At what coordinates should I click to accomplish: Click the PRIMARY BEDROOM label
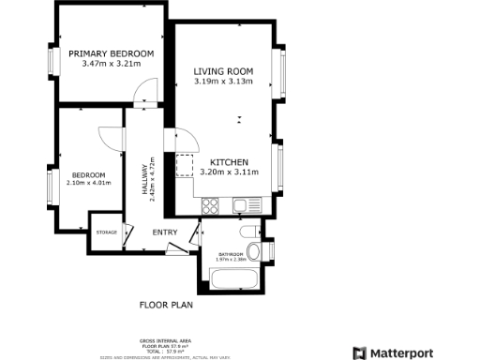coord(112,53)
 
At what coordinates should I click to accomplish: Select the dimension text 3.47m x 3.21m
coord(112,64)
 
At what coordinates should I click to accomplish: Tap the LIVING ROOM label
coord(224,71)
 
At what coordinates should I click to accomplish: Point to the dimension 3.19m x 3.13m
coord(224,82)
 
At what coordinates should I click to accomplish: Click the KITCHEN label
coord(229,161)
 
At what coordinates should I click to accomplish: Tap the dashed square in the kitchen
coord(184,165)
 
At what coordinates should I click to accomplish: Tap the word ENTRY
coord(165,232)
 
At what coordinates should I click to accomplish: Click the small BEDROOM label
coord(88,176)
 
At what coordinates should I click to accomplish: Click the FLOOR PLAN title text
coord(165,306)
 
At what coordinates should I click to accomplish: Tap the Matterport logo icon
coord(359,353)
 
